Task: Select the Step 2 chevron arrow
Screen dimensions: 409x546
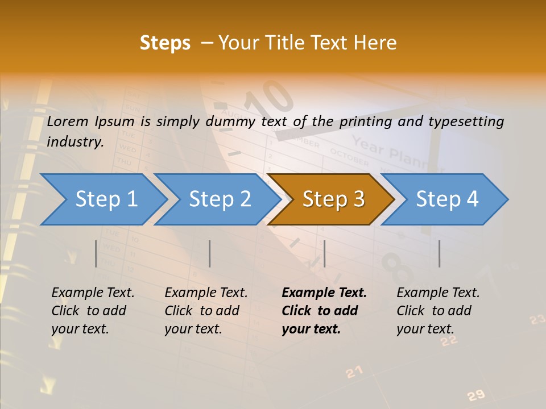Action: tap(219, 199)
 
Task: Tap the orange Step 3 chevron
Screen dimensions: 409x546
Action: tap(333, 199)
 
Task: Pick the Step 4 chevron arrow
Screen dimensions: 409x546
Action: tap(446, 199)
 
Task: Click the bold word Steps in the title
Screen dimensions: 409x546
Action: tap(165, 43)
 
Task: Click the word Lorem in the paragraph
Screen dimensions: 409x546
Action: tap(65, 121)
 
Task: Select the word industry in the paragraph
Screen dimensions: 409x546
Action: tap(75, 141)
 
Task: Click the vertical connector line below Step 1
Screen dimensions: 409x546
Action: tap(96, 253)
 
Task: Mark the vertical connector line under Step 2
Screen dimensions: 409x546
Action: tap(210, 253)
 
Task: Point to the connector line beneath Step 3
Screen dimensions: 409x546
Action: tap(324, 253)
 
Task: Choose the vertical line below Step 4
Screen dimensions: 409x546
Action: tap(439, 253)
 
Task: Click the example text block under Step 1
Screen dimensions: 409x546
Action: tap(93, 311)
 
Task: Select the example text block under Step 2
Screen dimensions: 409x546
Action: tap(206, 311)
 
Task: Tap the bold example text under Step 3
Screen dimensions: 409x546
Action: tap(324, 311)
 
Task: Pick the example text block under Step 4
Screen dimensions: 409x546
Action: tap(438, 311)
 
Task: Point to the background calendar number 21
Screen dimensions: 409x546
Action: tap(354, 372)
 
